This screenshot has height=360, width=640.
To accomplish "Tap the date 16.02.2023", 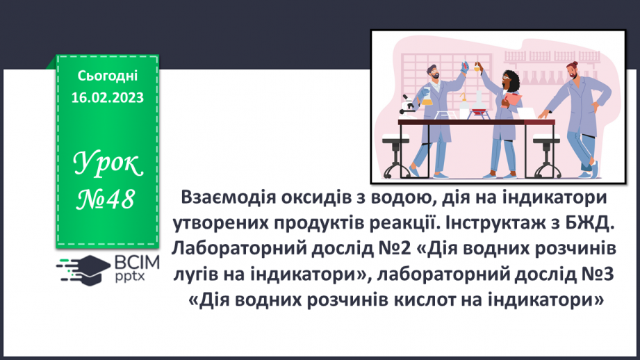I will [x=107, y=97].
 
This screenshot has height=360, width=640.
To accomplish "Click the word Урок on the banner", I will [x=107, y=165].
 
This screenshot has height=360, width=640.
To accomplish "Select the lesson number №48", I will [x=107, y=201].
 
